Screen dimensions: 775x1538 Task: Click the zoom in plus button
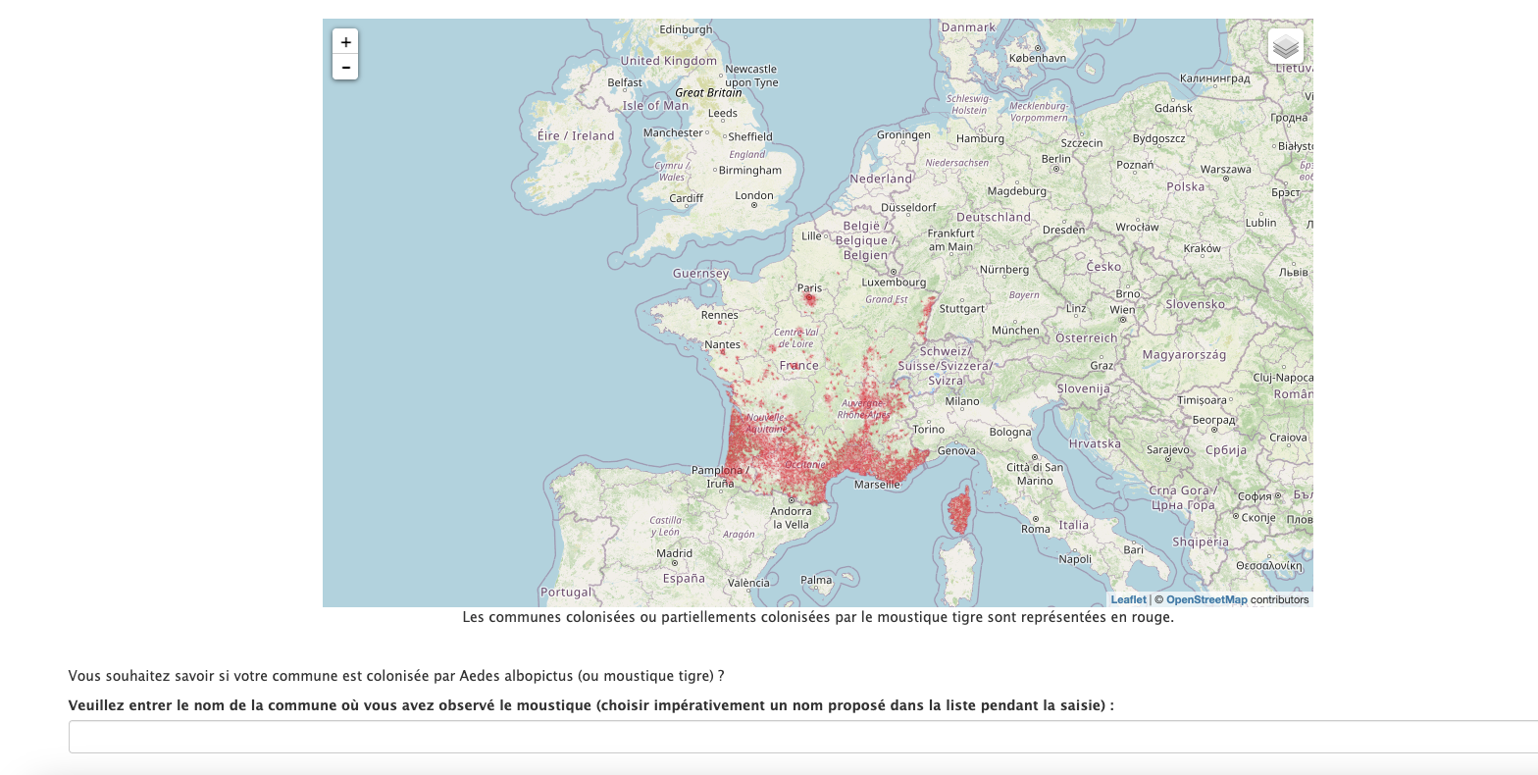[x=345, y=42]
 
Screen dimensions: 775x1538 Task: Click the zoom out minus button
[x=345, y=68]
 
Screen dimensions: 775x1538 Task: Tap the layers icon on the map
[x=1285, y=46]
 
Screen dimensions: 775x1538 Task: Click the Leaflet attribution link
[x=1128, y=599]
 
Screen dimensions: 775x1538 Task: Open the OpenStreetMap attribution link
[x=1206, y=599]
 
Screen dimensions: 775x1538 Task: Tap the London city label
[x=754, y=195]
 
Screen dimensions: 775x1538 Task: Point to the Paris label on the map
[x=809, y=288]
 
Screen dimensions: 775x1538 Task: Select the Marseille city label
[x=877, y=485]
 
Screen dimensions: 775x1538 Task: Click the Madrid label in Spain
[x=674, y=553]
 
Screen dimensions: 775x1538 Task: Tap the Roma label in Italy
[x=1036, y=529]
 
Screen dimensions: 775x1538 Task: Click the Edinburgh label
[x=686, y=29]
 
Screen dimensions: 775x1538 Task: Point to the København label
[x=1038, y=58]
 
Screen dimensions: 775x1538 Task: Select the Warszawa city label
[x=1225, y=169]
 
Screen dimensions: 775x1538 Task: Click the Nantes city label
[x=722, y=344]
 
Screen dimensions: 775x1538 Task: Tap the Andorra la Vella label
[x=791, y=517]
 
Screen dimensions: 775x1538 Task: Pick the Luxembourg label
[x=894, y=283]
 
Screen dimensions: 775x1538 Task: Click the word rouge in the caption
[x=1153, y=617]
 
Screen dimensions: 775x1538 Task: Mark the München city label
[x=1014, y=331]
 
